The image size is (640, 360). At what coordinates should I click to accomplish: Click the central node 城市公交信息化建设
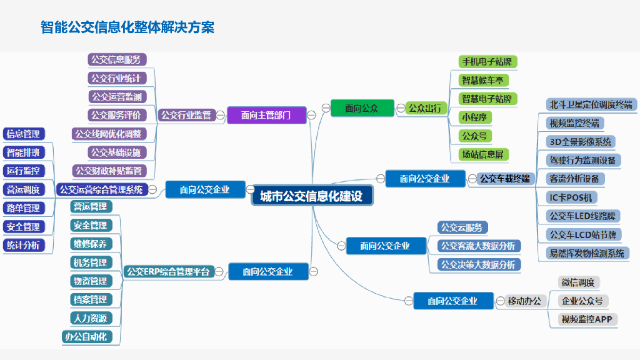[x=311, y=196]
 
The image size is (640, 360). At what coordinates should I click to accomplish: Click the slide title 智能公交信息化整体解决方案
[x=127, y=27]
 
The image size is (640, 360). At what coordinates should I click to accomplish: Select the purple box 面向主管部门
[x=266, y=115]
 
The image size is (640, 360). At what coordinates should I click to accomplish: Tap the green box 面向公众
[x=362, y=108]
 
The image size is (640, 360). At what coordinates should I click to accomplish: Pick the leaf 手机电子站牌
[x=487, y=62]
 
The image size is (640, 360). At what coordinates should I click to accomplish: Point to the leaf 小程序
[x=474, y=117]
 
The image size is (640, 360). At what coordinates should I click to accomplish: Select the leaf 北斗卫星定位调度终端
[x=590, y=104]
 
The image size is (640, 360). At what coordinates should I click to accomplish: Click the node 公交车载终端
[x=504, y=179]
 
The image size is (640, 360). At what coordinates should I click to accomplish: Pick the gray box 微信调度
[x=578, y=282]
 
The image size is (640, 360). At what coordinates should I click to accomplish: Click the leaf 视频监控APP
[x=587, y=319]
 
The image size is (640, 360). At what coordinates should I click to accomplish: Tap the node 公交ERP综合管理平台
[x=168, y=271]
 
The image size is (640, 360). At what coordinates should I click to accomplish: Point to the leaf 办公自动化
[x=86, y=337]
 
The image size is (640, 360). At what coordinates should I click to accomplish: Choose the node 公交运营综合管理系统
[x=101, y=189]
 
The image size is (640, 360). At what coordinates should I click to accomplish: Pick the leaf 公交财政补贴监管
[x=109, y=171]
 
